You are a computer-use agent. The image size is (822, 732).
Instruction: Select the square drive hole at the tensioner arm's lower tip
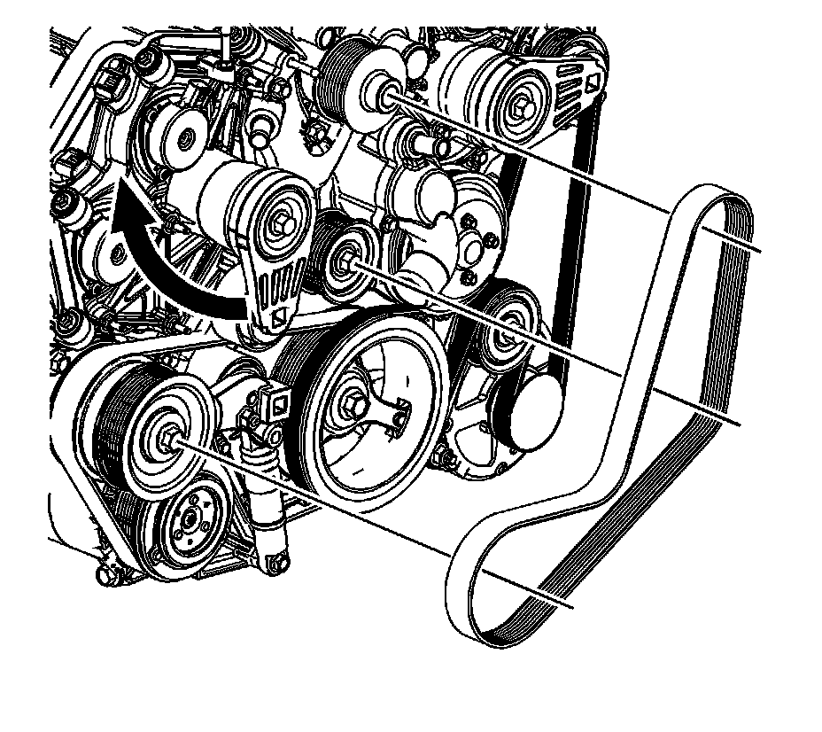click(x=276, y=316)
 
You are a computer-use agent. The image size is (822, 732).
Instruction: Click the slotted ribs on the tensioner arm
click(x=272, y=284)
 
